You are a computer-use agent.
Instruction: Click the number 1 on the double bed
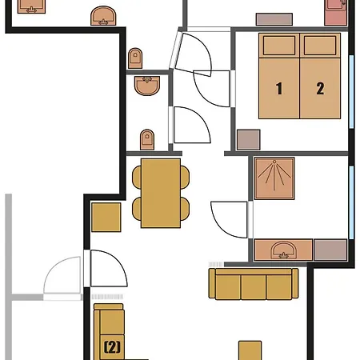(280, 89)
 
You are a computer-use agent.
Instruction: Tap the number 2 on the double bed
(320, 89)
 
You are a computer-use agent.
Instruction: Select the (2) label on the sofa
(112, 347)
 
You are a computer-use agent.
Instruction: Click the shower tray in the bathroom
(274, 181)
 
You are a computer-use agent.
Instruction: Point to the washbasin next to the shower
(282, 250)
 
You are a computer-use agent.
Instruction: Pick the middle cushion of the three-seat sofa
(253, 285)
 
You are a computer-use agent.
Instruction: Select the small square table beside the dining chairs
(106, 218)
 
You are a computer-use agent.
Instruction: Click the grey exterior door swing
(62, 275)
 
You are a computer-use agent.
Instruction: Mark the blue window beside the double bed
(352, 88)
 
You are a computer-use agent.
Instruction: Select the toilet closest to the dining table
(146, 140)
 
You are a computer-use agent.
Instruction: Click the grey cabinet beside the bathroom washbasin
(330, 249)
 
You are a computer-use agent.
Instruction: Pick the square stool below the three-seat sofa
(250, 350)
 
